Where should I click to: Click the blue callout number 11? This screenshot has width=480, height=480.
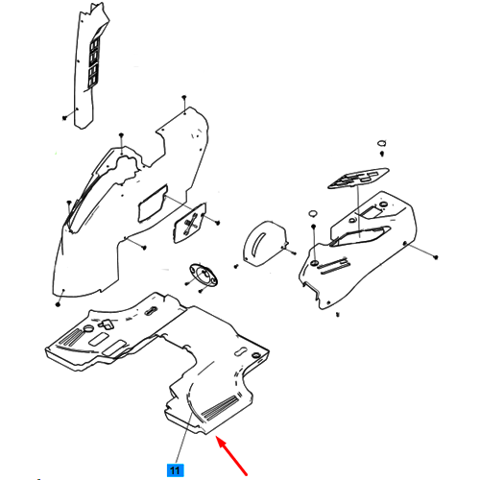pos(175,470)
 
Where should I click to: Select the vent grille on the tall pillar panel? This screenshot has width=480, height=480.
pos(94,62)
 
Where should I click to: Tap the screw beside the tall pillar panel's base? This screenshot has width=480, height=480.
pos(64,118)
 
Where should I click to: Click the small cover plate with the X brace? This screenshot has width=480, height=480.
pos(190,223)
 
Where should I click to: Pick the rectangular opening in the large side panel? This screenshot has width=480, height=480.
pos(153,204)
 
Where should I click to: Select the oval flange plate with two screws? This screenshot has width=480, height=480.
pos(204,275)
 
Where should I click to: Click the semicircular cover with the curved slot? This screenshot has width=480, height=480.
pos(264,243)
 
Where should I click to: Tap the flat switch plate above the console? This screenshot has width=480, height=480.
pos(358,178)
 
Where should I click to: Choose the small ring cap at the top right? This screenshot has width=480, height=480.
pos(382,143)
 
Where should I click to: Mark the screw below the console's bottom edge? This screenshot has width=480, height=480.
pos(338,315)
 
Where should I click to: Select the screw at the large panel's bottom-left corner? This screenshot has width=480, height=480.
pos(58,303)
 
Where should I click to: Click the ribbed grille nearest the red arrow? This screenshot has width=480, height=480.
pos(220,407)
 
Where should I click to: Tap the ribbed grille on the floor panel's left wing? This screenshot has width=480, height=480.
pos(71,337)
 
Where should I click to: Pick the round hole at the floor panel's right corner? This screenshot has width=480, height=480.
pos(255,355)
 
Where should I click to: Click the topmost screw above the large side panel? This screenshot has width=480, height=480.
pos(184,97)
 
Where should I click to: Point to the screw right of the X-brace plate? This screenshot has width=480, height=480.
pos(217,222)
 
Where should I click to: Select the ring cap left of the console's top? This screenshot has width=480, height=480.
pos(313,213)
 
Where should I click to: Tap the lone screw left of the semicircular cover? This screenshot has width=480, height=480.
pos(236,266)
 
